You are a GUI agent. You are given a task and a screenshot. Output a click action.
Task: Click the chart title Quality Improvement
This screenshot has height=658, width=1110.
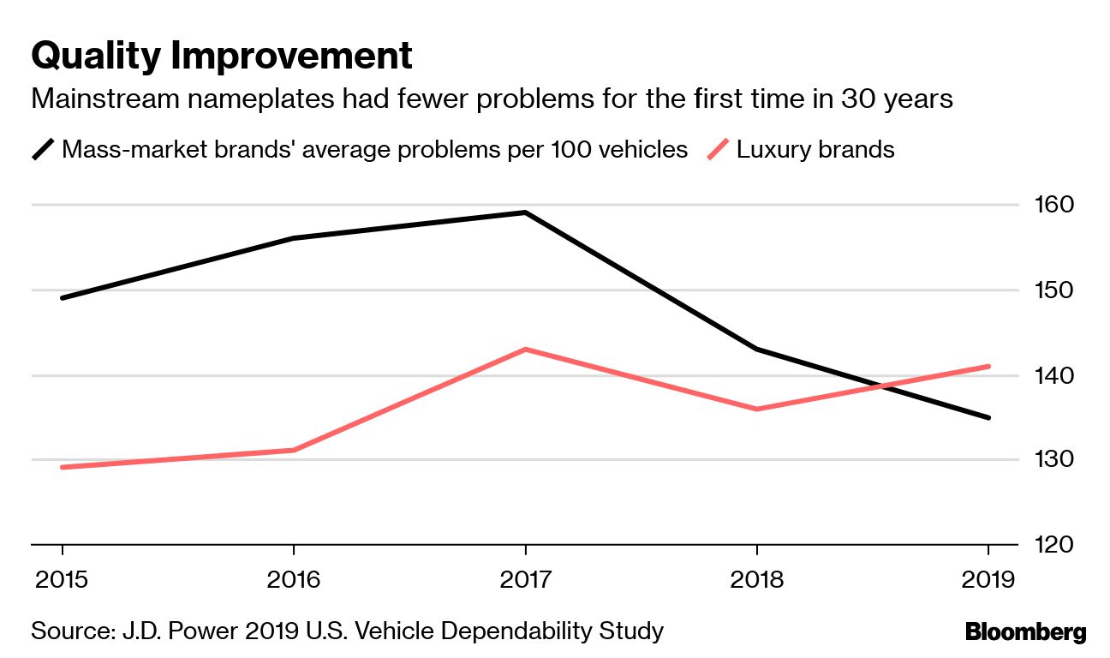pyautogui.click(x=222, y=57)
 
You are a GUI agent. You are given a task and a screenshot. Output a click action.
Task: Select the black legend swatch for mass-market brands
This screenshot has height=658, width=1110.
pyautogui.click(x=44, y=150)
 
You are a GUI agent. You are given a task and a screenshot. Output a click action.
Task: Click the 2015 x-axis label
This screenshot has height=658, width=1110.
pyautogui.click(x=62, y=580)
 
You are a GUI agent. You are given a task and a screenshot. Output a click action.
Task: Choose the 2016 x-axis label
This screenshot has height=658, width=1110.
pyautogui.click(x=294, y=580)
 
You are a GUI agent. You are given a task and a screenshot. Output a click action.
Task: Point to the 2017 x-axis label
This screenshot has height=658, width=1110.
pyautogui.click(x=525, y=580)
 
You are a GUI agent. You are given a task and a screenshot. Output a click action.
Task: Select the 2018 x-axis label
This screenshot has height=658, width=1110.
pyautogui.click(x=757, y=580)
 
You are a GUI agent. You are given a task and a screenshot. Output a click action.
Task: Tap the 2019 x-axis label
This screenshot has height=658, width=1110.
pyautogui.click(x=988, y=580)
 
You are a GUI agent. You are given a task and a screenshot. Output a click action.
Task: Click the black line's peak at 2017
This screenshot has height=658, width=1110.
pyautogui.click(x=525, y=212)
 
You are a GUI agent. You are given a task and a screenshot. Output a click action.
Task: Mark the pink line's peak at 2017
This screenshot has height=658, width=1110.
pyautogui.click(x=525, y=350)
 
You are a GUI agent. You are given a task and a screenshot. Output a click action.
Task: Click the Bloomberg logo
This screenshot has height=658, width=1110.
pyautogui.click(x=1025, y=633)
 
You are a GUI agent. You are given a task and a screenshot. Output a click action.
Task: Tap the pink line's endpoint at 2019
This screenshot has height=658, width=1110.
pyautogui.click(x=988, y=367)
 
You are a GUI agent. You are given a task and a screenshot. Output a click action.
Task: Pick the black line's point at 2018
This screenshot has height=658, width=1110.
pyautogui.click(x=757, y=350)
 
